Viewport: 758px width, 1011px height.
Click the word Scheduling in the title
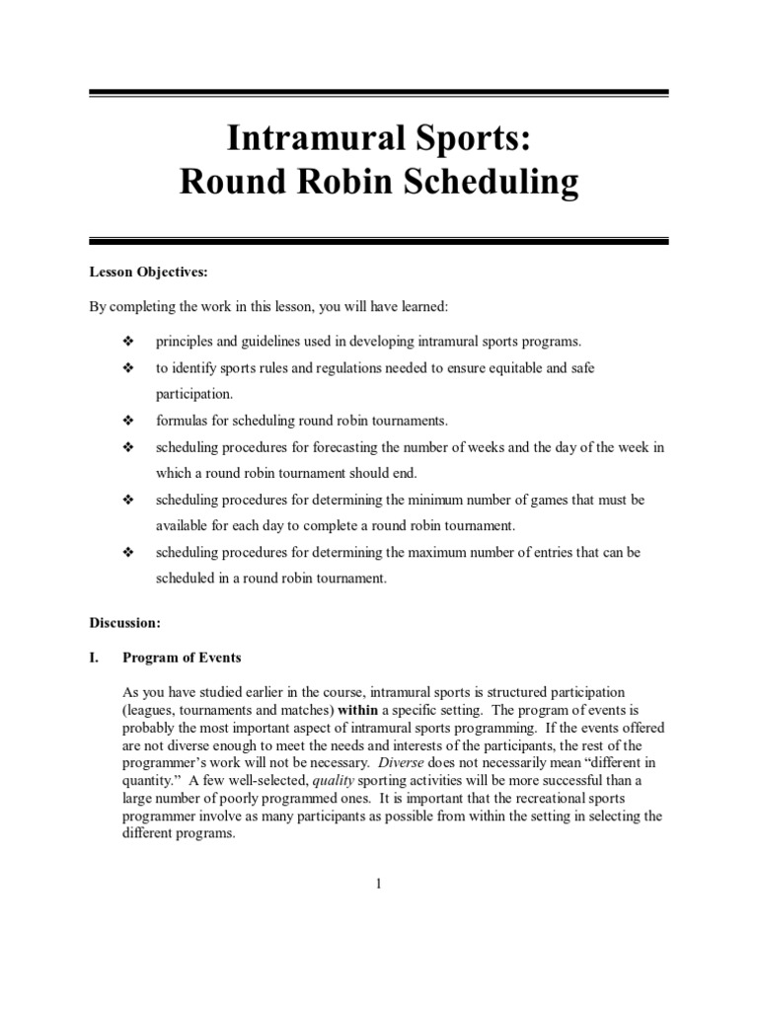click(495, 184)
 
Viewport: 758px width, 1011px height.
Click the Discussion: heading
click(125, 623)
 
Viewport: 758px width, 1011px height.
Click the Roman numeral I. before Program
click(96, 658)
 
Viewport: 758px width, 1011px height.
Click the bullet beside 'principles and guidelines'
click(127, 342)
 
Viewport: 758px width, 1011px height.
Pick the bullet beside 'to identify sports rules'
click(127, 367)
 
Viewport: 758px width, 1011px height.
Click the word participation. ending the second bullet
click(193, 393)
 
